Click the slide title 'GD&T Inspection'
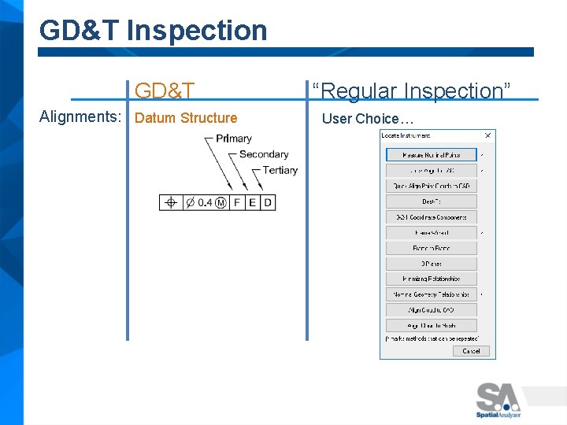point(153,30)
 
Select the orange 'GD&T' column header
point(165,91)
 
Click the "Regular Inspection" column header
point(411,91)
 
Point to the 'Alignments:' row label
point(80,117)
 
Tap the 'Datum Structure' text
point(186,118)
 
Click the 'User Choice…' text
point(367,119)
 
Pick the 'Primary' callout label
point(233,139)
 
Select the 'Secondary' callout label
point(263,154)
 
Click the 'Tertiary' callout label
point(280,170)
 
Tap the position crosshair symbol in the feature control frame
point(170,203)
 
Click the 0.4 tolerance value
point(204,203)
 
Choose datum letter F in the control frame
point(237,203)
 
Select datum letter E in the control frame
point(252,203)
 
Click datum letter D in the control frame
point(268,203)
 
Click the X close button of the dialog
point(487,135)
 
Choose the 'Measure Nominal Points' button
point(431,155)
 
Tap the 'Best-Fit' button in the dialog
point(431,201)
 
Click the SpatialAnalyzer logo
point(498,400)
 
